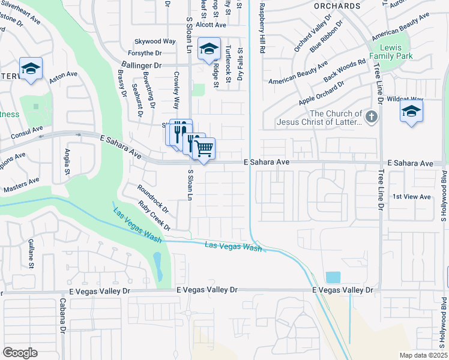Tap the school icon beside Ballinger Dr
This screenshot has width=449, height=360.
209,49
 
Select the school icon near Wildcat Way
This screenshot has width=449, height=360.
411,111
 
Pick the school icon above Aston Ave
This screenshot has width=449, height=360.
31,68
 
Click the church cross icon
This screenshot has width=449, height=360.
372,116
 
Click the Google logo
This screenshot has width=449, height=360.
20,353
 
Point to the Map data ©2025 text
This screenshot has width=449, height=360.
423,355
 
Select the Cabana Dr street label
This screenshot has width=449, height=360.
62,316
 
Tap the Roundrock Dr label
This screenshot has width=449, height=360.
153,199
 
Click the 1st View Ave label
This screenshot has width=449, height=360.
411,197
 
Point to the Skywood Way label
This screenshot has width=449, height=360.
155,41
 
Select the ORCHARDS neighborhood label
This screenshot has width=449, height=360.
337,5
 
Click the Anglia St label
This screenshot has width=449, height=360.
67,162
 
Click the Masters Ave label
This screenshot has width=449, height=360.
21,184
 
